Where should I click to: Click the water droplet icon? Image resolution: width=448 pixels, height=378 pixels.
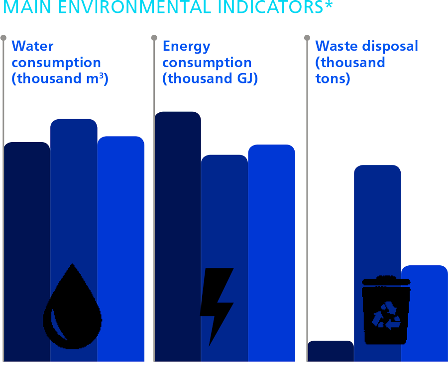tap(73, 307)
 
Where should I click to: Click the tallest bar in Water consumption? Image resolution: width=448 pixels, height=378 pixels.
tap(74, 199)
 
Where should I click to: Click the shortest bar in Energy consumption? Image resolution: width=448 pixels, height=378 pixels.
tap(224, 224)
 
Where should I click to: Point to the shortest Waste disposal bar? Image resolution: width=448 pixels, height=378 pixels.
tap(331, 351)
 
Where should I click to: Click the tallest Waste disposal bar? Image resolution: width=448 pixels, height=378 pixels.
tap(377, 224)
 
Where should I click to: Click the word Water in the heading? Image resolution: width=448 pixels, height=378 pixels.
tap(32, 46)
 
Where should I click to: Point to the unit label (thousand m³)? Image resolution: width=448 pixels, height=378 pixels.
tap(60, 78)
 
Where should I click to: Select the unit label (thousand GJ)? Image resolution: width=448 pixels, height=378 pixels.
tap(210, 78)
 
